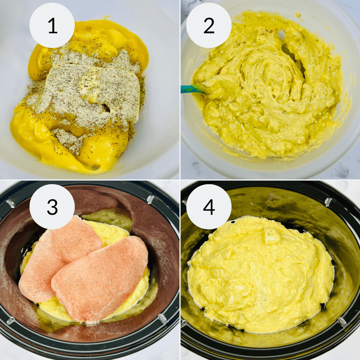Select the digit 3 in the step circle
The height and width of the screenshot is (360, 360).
[x=52, y=207]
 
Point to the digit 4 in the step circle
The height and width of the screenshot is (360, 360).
[x=209, y=207]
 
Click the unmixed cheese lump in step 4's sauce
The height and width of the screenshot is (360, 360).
[x=272, y=235]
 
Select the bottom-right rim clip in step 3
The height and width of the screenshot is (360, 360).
[x=162, y=318]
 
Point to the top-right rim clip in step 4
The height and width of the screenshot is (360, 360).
[x=328, y=201]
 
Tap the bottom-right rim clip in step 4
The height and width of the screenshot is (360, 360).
[x=342, y=321]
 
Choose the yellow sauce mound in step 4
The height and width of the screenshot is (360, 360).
[x=261, y=276]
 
